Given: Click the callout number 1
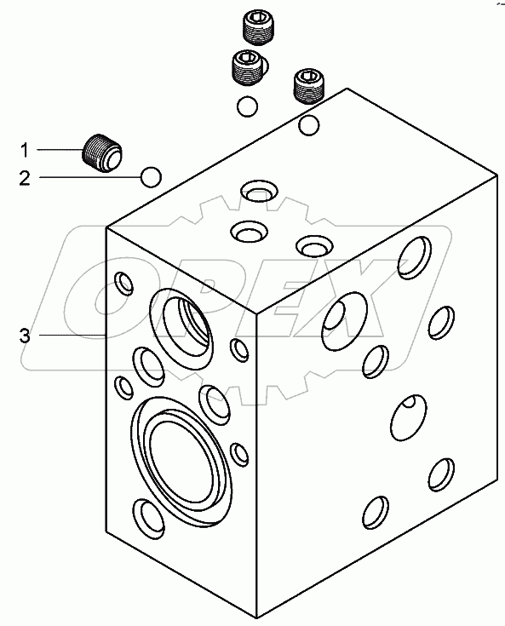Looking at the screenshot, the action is [25, 151].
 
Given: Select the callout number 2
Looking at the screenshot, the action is [25, 178].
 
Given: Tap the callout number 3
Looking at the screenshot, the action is [25, 336].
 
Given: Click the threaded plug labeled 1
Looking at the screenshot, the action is [102, 154].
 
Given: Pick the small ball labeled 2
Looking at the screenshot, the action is [151, 177].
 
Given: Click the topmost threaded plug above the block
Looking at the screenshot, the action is [258, 27].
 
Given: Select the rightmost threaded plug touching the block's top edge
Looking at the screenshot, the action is [310, 87].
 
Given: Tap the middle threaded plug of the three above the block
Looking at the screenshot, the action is [250, 68].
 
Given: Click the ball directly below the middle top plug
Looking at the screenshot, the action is [247, 106].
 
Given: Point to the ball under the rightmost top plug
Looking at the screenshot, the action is [308, 125].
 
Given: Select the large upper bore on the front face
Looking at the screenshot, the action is [181, 328].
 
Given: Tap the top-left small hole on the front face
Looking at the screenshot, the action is [123, 284].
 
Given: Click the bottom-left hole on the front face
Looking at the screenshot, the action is [149, 519].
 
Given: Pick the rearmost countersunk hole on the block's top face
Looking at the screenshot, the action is [260, 191].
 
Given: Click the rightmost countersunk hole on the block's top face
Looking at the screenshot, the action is [315, 245].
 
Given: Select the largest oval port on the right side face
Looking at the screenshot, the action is [344, 321].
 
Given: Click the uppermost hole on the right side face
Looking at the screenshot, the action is [415, 257].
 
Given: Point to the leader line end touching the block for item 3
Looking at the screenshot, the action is [106, 336].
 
